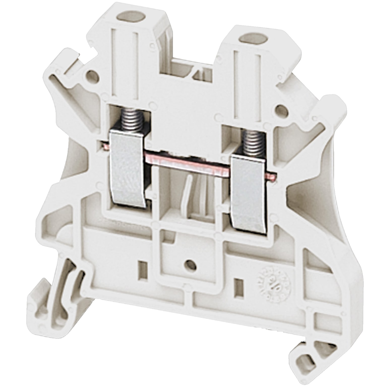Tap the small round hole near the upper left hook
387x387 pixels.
pos(93,76)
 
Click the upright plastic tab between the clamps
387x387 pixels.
pos(187,194)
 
